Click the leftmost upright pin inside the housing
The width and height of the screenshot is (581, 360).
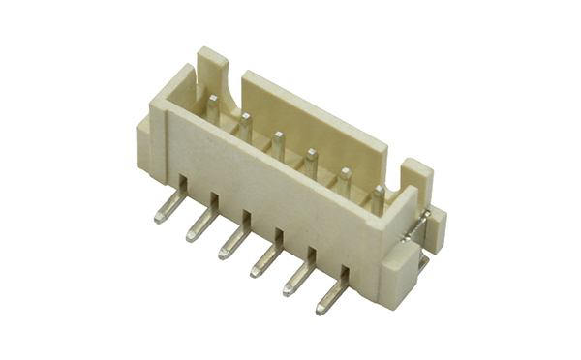pos(212,108)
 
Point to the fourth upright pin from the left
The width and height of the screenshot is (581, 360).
pos(311,162)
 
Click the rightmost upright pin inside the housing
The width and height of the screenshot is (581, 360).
pos(379,197)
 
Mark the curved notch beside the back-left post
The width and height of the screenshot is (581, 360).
pos(232,94)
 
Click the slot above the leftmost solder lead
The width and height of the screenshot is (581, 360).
pos(181,181)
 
